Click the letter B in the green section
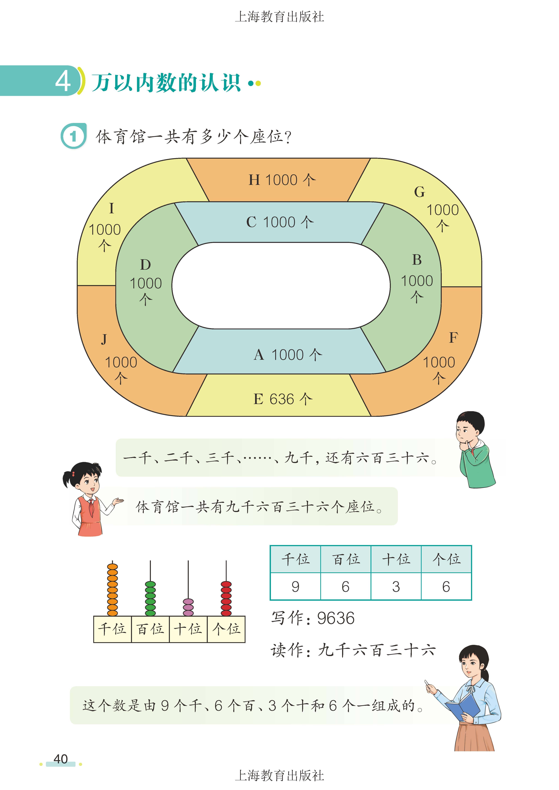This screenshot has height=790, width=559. tap(417, 260)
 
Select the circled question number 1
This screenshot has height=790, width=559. tap(73, 137)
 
